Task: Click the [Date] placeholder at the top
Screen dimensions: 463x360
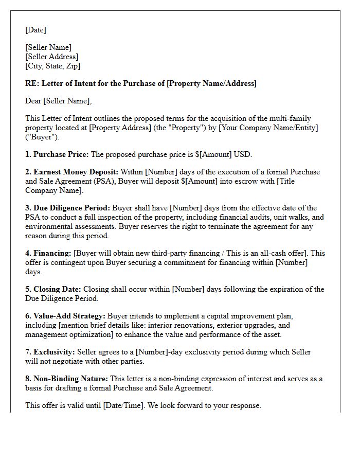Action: click(x=35, y=30)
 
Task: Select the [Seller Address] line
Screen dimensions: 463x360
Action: click(x=52, y=57)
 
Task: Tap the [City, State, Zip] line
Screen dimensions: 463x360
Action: click(x=52, y=66)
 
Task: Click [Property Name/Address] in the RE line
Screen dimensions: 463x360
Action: click(x=211, y=83)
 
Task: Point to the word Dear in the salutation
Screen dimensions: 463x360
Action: click(x=33, y=101)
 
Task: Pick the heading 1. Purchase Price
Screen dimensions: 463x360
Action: click(x=57, y=154)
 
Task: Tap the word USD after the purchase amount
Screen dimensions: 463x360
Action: click(x=243, y=154)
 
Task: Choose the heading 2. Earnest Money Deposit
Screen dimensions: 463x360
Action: click(x=72, y=172)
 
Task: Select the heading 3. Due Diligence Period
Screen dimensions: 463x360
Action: click(x=68, y=208)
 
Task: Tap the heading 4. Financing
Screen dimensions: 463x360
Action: click(x=48, y=253)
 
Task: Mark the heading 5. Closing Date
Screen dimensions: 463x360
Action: click(x=53, y=289)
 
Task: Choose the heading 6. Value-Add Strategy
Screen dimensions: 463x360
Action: click(x=65, y=316)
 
